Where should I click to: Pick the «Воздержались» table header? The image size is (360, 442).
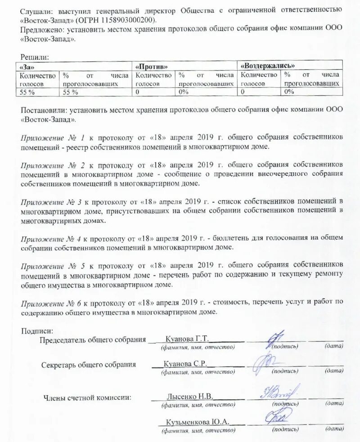tap(268, 66)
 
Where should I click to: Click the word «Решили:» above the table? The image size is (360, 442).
tap(35, 57)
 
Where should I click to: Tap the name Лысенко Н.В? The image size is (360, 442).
tap(189, 397)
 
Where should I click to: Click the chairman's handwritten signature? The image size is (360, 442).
tap(275, 338)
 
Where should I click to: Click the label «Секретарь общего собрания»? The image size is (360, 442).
tap(88, 365)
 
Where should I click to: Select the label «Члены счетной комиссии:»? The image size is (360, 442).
tap(87, 397)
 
